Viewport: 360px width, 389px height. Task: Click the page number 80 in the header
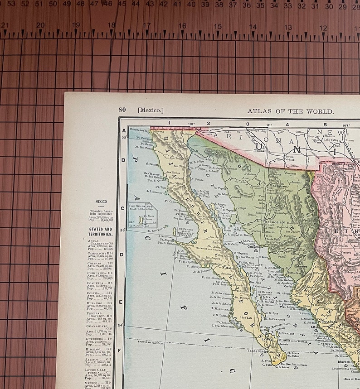pyautogui.click(x=122, y=110)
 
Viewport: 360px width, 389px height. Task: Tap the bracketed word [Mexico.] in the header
pyautogui.click(x=151, y=110)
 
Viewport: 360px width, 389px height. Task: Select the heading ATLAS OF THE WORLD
pyautogui.click(x=290, y=111)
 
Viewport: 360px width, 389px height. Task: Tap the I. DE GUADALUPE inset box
pyautogui.click(x=142, y=215)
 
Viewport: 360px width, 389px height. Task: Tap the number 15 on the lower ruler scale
pyautogui.click(x=218, y=27)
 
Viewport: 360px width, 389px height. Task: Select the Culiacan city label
pyautogui.click(x=330, y=322)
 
